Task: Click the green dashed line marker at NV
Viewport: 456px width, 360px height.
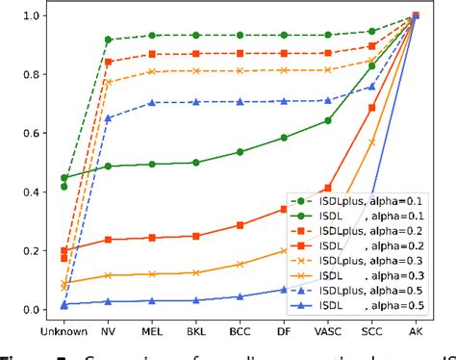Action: [x=108, y=39]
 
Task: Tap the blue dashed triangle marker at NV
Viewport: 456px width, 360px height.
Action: [x=108, y=118]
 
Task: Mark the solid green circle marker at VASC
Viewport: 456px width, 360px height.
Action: [x=328, y=120]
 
